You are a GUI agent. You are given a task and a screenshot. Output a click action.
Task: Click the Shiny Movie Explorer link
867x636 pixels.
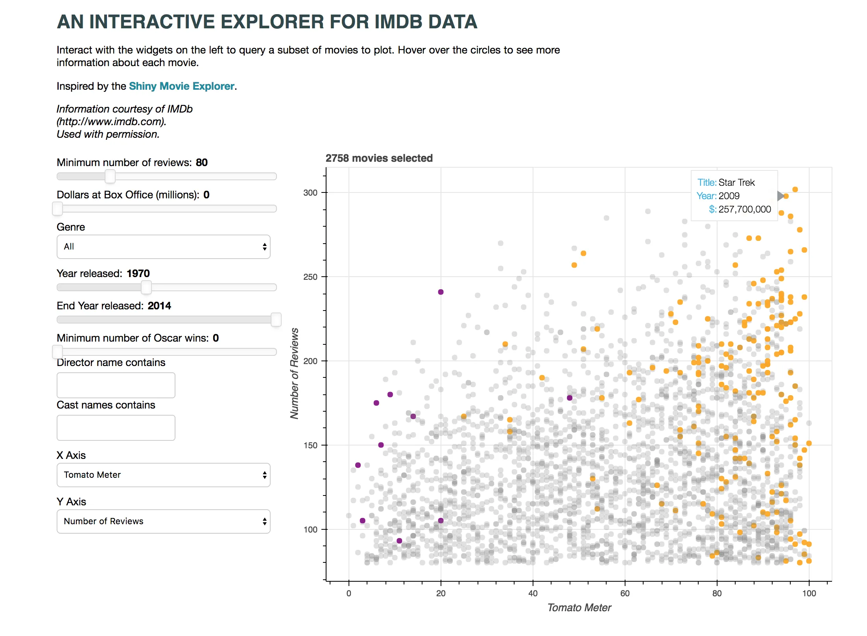coord(181,86)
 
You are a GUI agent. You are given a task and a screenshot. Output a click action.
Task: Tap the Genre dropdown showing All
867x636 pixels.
coord(163,247)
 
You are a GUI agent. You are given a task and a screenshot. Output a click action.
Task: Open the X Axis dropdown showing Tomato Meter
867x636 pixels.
coord(163,475)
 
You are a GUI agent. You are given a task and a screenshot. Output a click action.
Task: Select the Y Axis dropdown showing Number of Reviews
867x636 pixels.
coord(163,521)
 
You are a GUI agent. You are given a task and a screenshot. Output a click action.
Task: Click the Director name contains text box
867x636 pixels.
coord(116,385)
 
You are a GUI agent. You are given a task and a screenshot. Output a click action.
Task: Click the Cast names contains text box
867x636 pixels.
coord(116,428)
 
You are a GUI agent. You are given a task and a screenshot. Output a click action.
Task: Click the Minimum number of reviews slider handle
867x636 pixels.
coord(110,176)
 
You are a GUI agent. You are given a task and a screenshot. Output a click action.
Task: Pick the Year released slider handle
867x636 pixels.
coord(146,287)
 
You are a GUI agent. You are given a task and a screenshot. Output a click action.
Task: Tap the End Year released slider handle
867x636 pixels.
coord(276,320)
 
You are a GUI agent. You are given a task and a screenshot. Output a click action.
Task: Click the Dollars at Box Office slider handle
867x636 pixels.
coord(57,209)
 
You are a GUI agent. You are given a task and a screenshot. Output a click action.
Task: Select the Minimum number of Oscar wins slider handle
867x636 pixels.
coord(57,352)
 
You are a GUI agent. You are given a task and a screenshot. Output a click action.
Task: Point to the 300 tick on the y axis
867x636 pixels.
coord(310,193)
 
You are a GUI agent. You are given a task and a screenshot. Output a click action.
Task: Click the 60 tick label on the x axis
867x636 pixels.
coord(625,593)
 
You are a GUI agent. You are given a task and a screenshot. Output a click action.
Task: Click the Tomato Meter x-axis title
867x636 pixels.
coord(579,608)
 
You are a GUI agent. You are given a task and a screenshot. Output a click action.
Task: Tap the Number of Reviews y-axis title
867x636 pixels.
coord(294,373)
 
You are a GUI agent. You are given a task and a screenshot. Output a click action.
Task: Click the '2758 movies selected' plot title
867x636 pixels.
coord(379,158)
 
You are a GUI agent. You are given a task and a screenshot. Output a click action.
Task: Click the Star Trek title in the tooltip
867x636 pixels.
coord(736,183)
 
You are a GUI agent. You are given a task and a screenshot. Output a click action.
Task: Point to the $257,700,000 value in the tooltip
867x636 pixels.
coord(745,209)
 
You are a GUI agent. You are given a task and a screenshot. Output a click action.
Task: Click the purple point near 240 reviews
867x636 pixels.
coord(441,292)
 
